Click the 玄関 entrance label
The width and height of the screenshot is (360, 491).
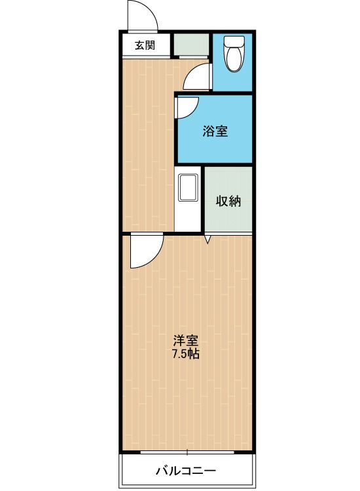(x=145, y=46)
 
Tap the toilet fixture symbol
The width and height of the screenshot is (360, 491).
(x=234, y=54)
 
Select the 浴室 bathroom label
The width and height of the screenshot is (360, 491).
(x=215, y=131)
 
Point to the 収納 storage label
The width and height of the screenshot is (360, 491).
(x=228, y=201)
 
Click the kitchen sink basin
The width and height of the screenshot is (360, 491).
(x=188, y=187)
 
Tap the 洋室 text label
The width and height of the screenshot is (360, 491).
(x=186, y=340)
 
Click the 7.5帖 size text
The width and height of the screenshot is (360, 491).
(x=186, y=354)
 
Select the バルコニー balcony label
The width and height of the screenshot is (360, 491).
(x=186, y=470)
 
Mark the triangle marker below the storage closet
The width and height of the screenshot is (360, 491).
(x=207, y=240)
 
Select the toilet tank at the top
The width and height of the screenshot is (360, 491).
(x=234, y=41)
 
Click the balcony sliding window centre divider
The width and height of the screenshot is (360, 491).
(x=187, y=452)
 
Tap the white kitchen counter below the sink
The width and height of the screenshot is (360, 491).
(x=187, y=217)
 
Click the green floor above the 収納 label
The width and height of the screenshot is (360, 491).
(x=228, y=181)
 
